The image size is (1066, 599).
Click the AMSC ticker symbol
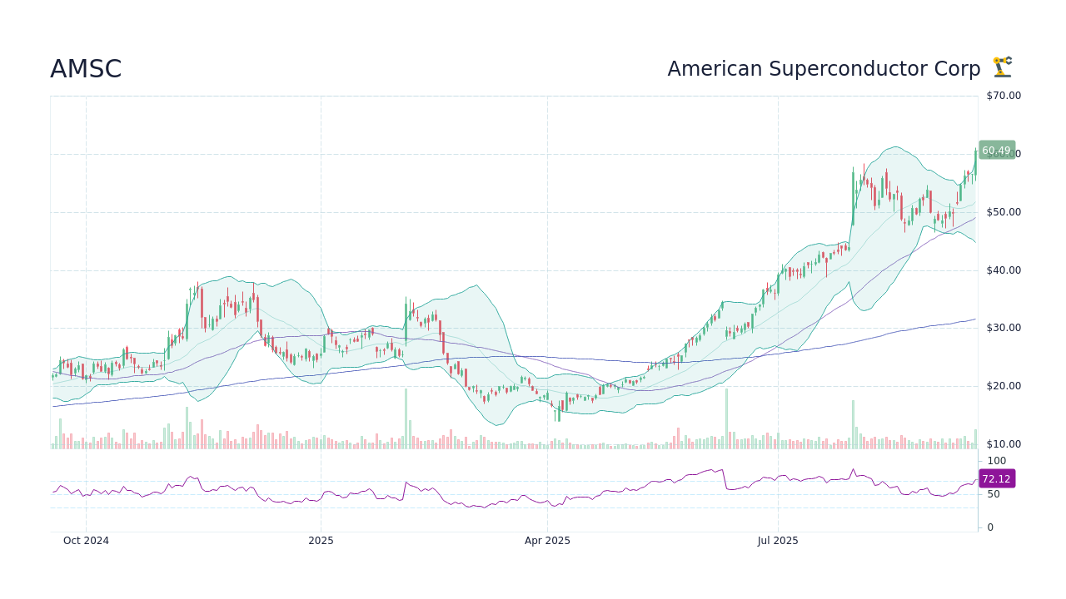86,70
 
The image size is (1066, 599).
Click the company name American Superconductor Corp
824,69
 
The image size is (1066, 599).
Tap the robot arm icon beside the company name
1002,67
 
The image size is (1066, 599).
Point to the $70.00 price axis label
1004,96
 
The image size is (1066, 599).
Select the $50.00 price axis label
1004,212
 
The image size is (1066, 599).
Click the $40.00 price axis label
1004,270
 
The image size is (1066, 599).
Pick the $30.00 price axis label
1004,328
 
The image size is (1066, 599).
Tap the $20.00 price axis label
1004,386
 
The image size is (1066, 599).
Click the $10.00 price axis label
1004,444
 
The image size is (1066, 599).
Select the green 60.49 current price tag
996,151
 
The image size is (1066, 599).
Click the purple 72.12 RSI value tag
996,479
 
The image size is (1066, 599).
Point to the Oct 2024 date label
86,541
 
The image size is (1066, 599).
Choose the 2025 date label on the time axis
321,541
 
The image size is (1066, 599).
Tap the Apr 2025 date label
547,541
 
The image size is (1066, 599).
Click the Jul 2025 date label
778,541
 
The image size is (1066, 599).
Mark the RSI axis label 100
997,461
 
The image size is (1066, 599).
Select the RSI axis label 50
994,494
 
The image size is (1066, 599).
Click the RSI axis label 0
990,527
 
